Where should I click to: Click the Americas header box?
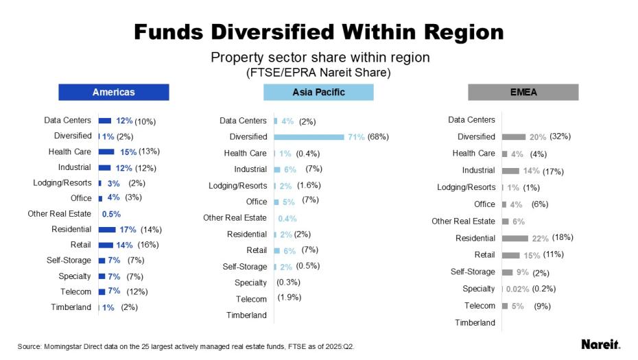click(113, 92)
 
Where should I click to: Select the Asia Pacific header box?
click(318, 92)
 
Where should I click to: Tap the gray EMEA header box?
click(523, 92)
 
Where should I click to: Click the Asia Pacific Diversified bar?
click(309, 137)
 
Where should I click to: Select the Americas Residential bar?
click(108, 230)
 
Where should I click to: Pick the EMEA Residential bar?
click(515, 238)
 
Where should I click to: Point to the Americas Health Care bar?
click(106, 152)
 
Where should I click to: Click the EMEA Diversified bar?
click(514, 136)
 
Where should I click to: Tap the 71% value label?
click(356, 137)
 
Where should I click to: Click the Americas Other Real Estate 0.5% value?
click(111, 214)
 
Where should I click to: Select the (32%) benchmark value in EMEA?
click(560, 136)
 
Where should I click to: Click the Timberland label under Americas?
click(71, 307)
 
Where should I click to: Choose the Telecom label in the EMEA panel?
click(480, 306)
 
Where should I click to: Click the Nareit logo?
click(600, 344)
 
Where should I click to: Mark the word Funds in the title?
click(172, 32)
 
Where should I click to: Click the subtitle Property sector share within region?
click(320, 58)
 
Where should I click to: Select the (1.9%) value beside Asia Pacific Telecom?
click(289, 298)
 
